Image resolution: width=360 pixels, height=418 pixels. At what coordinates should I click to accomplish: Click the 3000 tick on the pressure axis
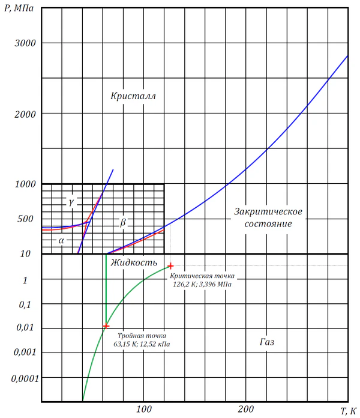pos(25,43)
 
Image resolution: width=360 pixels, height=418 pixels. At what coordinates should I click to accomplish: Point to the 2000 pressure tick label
pos(25,114)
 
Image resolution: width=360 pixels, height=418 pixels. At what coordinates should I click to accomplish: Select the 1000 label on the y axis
pos(25,184)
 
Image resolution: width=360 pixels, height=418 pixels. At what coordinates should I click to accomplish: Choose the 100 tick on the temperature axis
pos(143,410)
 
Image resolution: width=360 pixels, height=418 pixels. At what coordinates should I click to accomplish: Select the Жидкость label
pos(137,262)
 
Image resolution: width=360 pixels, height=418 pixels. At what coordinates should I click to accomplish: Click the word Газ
pos(271,342)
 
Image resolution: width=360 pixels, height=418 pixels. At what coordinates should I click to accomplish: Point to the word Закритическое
pos(268,211)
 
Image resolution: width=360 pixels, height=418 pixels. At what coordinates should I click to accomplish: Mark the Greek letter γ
pos(71,202)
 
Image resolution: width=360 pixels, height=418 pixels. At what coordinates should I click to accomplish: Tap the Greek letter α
pos(61,240)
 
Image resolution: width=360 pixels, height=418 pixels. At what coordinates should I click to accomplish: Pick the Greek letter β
pos(123,223)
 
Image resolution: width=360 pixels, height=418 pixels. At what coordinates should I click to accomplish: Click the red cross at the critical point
pos(170,265)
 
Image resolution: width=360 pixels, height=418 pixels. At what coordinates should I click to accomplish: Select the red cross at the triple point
pos(106,326)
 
